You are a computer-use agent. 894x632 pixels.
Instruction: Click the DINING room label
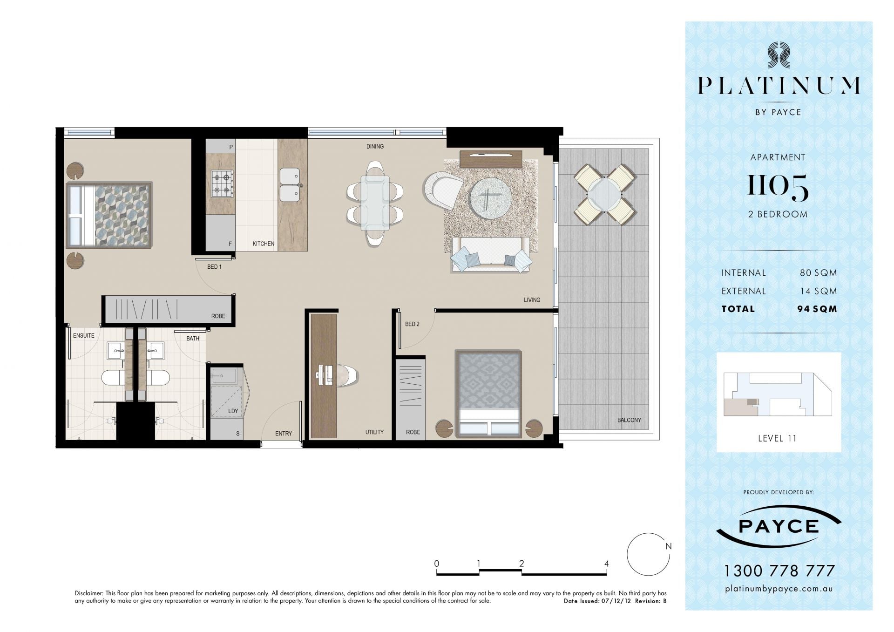(x=375, y=146)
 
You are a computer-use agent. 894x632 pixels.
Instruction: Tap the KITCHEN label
(x=264, y=244)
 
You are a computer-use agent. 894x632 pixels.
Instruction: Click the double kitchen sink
(x=290, y=185)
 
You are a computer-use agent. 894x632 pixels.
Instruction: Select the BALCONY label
(x=629, y=420)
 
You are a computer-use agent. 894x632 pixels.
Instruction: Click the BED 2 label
(x=412, y=324)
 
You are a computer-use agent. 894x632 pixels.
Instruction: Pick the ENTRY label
(x=284, y=434)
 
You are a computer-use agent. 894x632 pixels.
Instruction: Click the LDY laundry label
(x=233, y=411)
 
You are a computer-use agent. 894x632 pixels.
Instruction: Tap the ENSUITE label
(x=84, y=335)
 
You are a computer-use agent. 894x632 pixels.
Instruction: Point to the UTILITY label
(x=374, y=432)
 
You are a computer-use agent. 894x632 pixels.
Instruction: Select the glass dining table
(x=375, y=203)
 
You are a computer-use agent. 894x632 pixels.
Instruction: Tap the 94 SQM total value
(x=817, y=309)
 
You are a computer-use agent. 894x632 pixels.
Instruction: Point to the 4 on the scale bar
(x=606, y=564)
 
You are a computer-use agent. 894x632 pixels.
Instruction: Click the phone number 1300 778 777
(x=779, y=571)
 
